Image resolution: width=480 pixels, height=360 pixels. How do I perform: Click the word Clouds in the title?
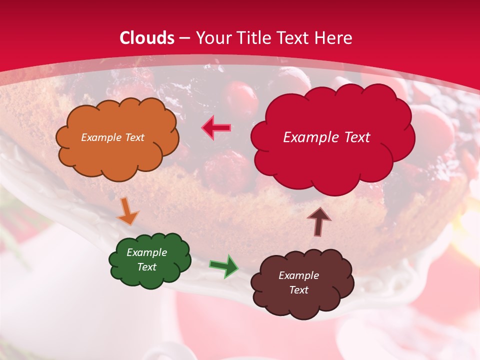pos(147,38)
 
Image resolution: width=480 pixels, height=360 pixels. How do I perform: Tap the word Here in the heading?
pos(334,38)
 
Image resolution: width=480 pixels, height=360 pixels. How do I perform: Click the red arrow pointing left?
pos(216,128)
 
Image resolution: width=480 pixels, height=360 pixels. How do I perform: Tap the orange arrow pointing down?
pos(127,211)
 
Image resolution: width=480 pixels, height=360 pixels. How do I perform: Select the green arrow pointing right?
pos(223,266)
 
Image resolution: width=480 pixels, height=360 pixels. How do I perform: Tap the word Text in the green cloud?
pos(146,267)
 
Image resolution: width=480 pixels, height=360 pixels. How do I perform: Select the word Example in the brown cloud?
pos(298,275)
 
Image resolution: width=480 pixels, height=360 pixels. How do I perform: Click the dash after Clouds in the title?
pos(184,38)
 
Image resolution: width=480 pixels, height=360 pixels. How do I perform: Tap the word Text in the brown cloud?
pos(298,290)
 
